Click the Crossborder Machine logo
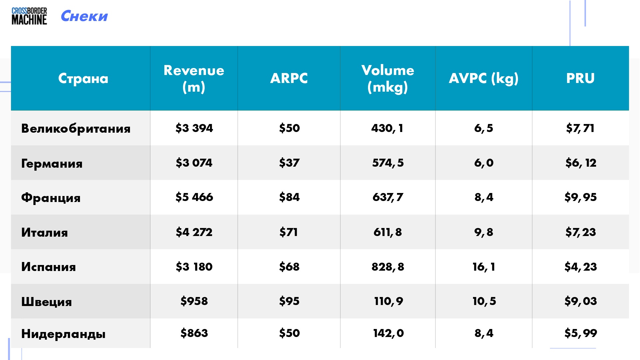click(29, 16)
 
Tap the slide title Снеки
click(84, 16)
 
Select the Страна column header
click(83, 78)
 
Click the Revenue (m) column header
click(194, 79)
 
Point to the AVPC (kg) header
click(484, 79)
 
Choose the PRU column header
click(580, 78)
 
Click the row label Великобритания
click(76, 129)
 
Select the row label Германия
click(52, 163)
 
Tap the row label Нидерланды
click(63, 334)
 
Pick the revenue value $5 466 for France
click(194, 197)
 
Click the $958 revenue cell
click(194, 301)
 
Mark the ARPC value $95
click(289, 301)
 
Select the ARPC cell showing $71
click(289, 232)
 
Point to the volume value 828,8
click(388, 267)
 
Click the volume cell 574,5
click(388, 163)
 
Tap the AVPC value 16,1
click(484, 267)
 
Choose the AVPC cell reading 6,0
click(484, 163)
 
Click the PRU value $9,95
click(580, 197)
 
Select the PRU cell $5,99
click(580, 333)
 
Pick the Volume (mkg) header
click(388, 79)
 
